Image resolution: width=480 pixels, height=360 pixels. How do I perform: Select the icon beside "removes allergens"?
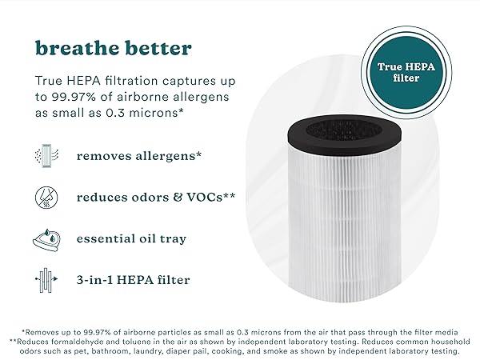[46, 155]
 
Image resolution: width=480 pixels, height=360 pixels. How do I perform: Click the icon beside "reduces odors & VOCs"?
[46, 197]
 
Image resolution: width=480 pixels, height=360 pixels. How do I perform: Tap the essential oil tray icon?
[46, 238]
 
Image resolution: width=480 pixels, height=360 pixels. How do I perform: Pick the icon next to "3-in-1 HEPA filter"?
[46, 280]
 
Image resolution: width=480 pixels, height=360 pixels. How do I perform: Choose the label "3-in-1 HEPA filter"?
[134, 280]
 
